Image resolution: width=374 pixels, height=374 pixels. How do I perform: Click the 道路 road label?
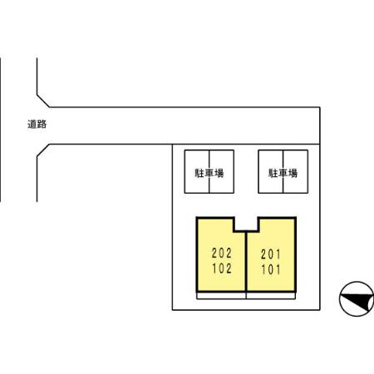(x=37, y=124)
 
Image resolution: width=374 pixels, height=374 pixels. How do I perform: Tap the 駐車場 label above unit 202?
(x=209, y=173)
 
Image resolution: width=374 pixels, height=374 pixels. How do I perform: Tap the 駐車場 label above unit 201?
(x=283, y=173)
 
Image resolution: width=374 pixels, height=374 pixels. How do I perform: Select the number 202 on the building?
(x=222, y=253)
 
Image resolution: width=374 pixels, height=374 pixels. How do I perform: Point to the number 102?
(x=222, y=268)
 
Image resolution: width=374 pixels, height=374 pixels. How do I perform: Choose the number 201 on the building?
(x=271, y=254)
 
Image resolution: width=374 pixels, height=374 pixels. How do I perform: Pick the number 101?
(x=271, y=269)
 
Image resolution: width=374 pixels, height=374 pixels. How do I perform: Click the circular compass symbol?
(x=357, y=298)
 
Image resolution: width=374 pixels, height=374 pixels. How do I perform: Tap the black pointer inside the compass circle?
(x=359, y=302)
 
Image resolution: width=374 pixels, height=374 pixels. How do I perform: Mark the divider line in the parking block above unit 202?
(x=209, y=171)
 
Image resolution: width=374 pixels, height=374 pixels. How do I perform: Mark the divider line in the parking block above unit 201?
(x=283, y=171)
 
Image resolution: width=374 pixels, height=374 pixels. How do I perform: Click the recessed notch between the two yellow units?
(x=247, y=224)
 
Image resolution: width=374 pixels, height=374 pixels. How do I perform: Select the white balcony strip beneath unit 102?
(x=221, y=296)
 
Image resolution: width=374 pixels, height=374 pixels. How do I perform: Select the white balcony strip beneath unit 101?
(x=271, y=296)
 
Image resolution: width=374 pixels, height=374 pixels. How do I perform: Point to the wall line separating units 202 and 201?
(x=246, y=262)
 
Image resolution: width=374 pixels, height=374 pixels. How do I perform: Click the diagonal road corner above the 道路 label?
(x=43, y=101)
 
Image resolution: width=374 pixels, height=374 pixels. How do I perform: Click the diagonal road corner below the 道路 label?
(x=43, y=150)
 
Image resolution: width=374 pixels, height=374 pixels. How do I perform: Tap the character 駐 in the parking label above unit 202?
(x=199, y=173)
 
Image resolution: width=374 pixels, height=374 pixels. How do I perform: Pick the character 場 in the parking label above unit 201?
(x=293, y=173)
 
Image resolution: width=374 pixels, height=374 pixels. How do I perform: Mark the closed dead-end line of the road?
(x=320, y=125)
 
